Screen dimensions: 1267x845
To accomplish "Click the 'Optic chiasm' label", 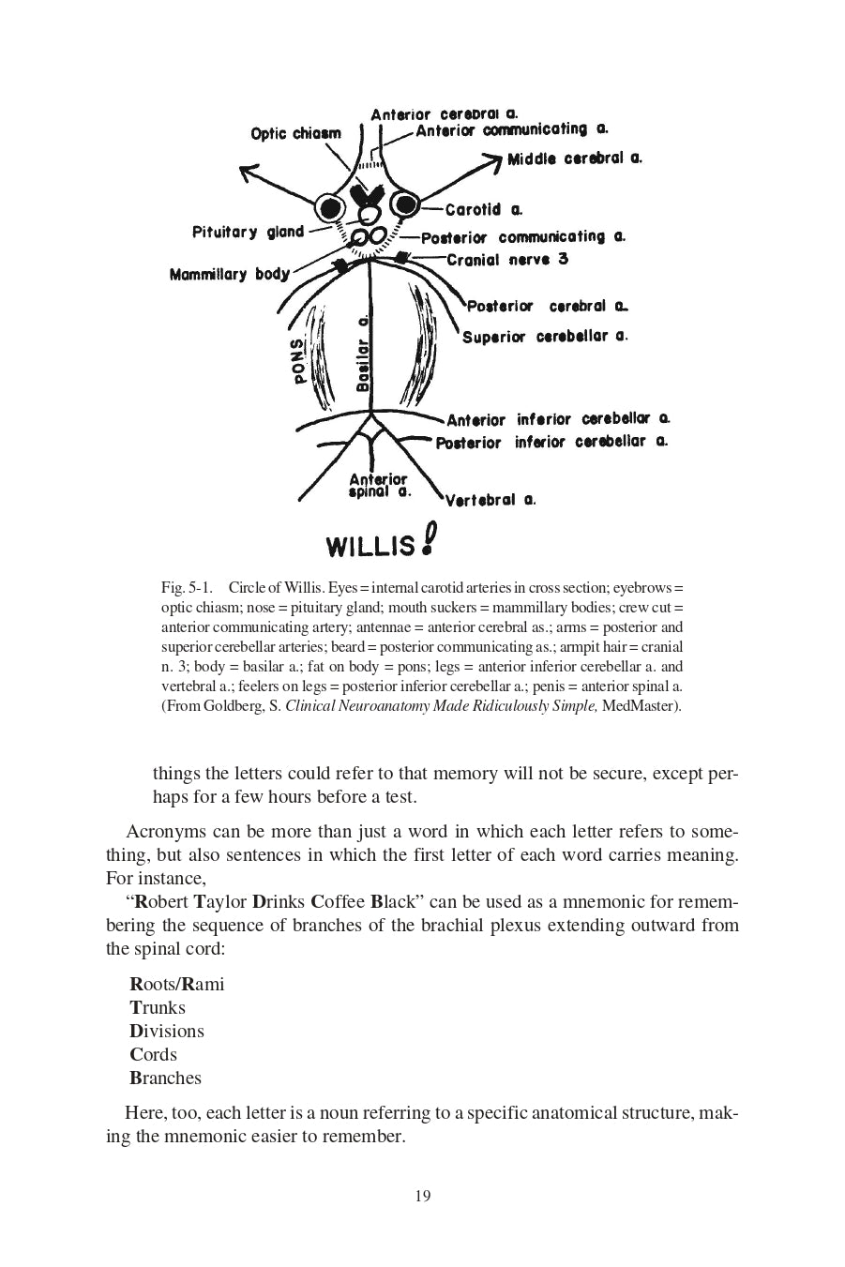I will [295, 133].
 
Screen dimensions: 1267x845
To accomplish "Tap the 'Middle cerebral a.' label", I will [574, 158].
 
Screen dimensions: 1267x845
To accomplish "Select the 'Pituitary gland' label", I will [248, 232].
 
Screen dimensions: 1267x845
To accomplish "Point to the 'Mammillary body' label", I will [229, 274].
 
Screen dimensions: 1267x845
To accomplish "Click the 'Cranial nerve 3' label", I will [507, 259].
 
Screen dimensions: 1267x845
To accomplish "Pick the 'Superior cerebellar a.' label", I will [544, 336].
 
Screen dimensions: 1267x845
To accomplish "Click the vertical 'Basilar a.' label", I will [363, 354].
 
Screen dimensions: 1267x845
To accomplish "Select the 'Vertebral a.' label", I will [490, 500].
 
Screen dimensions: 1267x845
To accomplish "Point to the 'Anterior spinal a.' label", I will [378, 485].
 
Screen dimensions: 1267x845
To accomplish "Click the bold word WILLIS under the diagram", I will [370, 546].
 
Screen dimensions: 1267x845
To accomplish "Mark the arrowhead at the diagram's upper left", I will [249, 173].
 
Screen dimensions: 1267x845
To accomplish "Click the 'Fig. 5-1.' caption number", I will [188, 588].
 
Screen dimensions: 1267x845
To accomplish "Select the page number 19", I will [422, 1196].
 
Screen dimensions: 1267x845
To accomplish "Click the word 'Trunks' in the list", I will [158, 1007].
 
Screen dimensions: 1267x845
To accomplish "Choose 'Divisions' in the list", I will [167, 1031].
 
